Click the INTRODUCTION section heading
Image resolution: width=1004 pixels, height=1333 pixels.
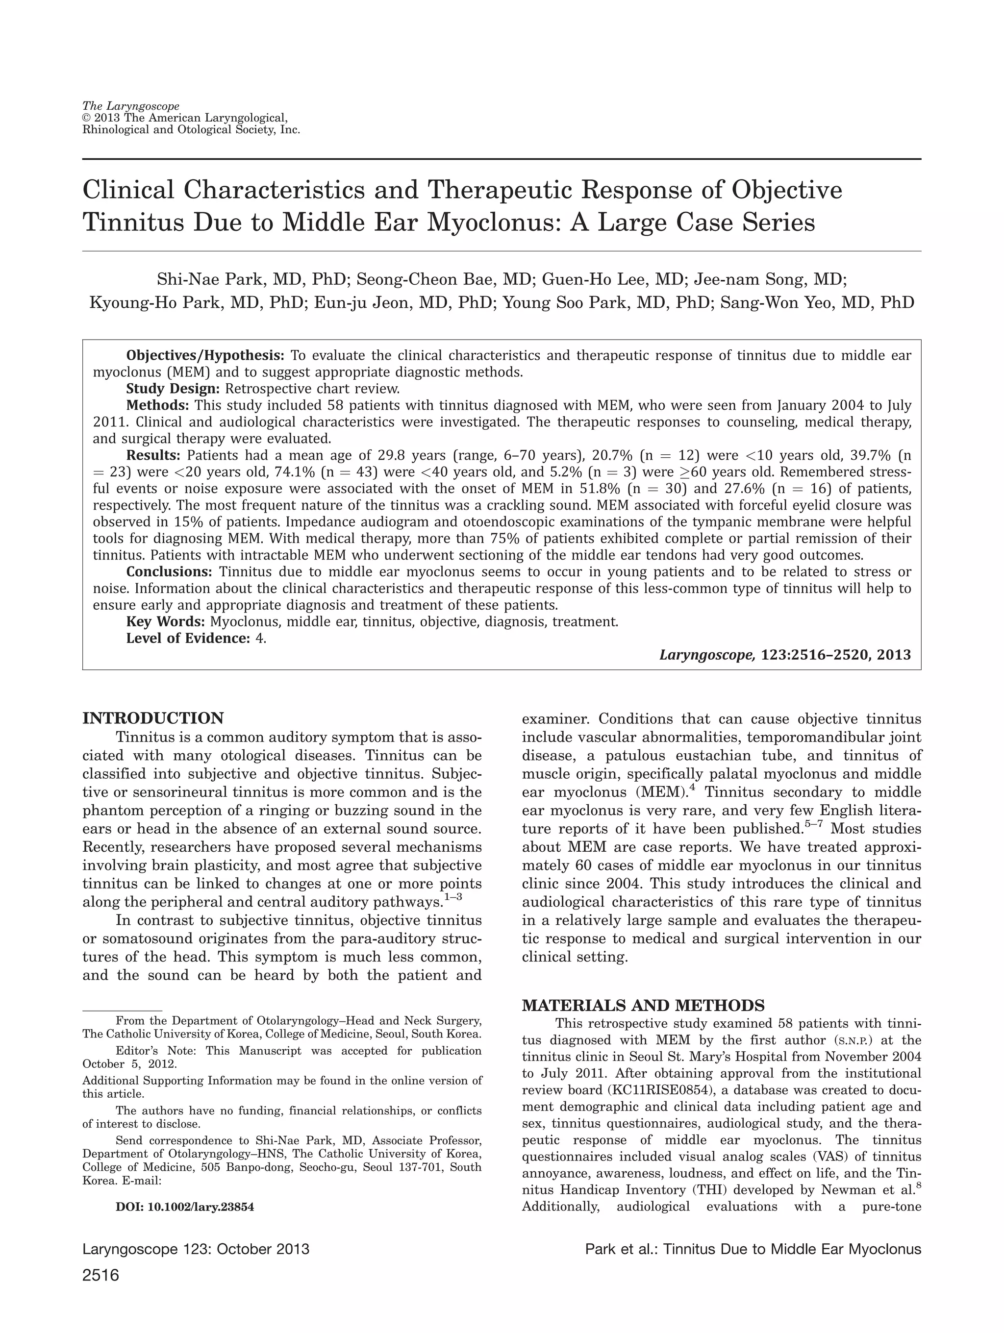point(152,718)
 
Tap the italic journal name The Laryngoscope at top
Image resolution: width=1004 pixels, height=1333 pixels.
point(130,107)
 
